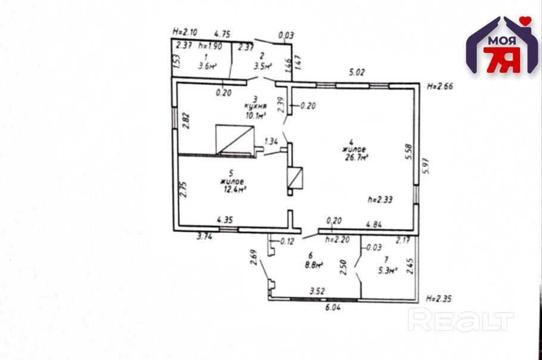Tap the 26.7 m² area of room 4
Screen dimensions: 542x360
click(356, 157)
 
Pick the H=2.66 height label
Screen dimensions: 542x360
click(441, 86)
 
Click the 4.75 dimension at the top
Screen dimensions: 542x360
click(222, 35)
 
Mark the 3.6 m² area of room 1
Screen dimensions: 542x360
click(207, 67)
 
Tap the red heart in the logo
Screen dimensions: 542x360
click(525, 21)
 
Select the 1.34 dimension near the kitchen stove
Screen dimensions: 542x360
click(272, 141)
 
